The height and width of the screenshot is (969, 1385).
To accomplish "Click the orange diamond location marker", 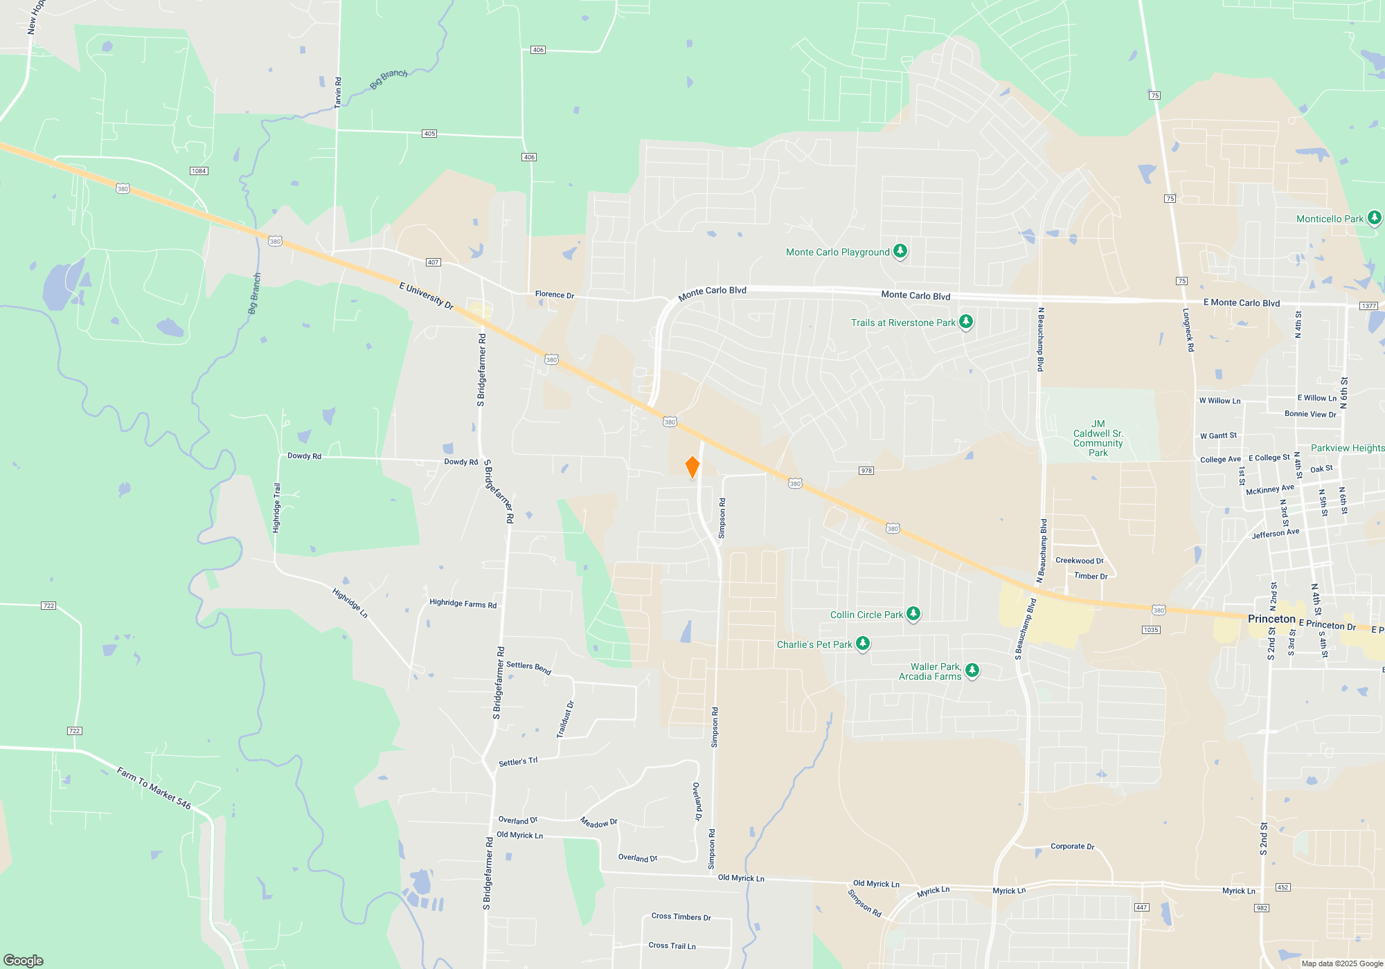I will coord(692,467).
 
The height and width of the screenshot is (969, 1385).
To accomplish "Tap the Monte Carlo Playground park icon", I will coord(900,251).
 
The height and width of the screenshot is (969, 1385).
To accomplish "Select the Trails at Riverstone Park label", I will coord(903,323).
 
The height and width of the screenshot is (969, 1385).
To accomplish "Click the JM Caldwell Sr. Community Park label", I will coord(1098,438).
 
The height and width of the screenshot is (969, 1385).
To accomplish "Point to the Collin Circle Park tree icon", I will coord(913,613).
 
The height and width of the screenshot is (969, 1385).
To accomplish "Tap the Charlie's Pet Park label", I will coord(814,644).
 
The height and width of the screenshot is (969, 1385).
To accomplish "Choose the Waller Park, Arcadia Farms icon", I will coord(972,669).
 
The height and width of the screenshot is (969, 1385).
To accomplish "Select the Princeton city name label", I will coord(1271,619).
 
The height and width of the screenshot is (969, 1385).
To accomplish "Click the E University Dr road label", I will coord(426,296).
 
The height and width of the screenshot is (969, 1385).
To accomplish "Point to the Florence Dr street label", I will coord(554,294).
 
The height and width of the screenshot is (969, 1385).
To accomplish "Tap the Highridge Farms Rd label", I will coord(463,604).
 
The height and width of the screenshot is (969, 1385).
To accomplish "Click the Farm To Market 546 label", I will coord(154,788).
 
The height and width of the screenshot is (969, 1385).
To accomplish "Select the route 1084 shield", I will coord(199,171).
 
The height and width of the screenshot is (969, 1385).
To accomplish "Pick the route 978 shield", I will coord(866,471).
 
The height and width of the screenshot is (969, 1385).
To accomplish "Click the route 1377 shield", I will coord(1368,306).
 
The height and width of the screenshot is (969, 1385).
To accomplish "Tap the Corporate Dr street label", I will coord(1072,846).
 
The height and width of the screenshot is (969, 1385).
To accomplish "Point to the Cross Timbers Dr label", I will coord(681,916).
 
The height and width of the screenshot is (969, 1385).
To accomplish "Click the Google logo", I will coord(24,960).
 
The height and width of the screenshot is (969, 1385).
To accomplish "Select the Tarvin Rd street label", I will coord(338,92).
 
